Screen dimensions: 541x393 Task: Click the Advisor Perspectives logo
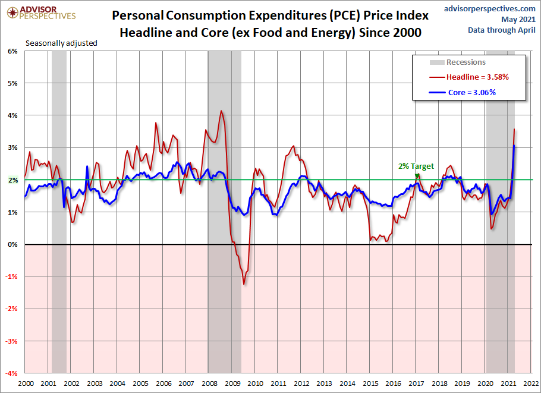click(41, 12)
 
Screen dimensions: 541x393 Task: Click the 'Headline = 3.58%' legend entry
click(469, 77)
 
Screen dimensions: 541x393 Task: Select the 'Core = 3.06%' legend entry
click(463, 93)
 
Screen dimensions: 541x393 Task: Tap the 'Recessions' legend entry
click(458, 62)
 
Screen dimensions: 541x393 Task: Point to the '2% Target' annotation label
click(416, 166)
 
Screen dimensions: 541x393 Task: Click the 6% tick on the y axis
click(12, 51)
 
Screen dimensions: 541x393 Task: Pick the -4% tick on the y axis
click(11, 373)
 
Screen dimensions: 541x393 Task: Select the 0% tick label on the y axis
click(12, 244)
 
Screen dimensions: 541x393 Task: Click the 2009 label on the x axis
click(232, 383)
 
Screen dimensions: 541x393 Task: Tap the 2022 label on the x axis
click(531, 383)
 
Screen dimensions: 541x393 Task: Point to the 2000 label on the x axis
click(26, 383)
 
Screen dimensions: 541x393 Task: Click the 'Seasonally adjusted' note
click(61, 43)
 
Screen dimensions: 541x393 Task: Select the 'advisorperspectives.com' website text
click(490, 8)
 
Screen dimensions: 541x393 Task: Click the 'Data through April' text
click(502, 30)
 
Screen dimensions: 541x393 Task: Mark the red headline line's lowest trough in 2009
click(244, 284)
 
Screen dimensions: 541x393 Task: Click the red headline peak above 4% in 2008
click(221, 111)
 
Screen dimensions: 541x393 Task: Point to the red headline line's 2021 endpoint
click(514, 129)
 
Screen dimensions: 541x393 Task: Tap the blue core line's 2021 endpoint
click(514, 146)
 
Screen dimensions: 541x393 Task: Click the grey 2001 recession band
click(59, 212)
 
